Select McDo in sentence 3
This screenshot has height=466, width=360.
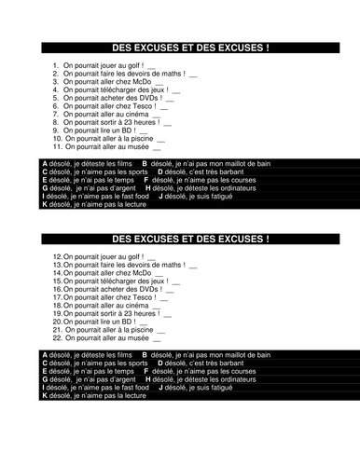coord(140,80)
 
